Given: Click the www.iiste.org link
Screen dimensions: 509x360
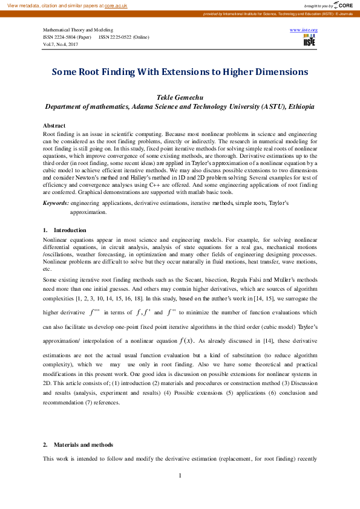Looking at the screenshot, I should (x=304, y=30).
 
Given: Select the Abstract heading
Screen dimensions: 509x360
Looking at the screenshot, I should (x=54, y=125).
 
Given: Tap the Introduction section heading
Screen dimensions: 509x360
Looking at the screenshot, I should (x=70, y=230).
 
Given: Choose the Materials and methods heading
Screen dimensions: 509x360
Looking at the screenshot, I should (x=83, y=444).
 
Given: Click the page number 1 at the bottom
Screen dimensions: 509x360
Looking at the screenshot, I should (x=180, y=476).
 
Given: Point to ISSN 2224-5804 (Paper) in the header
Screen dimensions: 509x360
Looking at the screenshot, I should (x=67, y=37).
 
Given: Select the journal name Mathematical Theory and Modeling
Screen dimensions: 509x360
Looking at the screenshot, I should (x=77, y=30).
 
